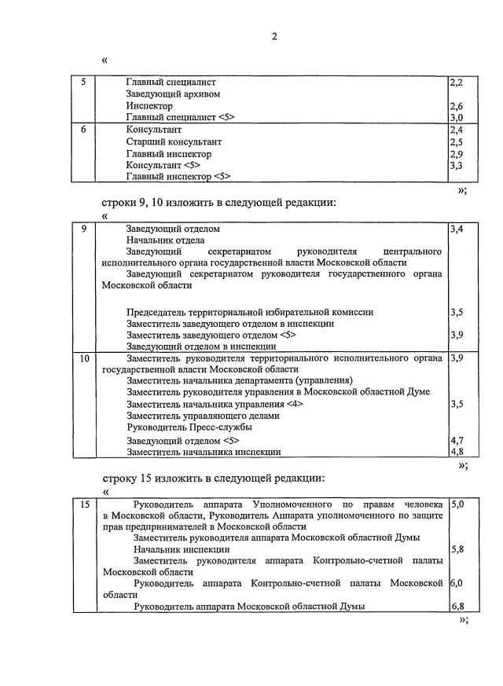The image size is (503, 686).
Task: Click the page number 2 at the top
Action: [274, 36]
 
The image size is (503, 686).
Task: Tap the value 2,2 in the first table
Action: [456, 82]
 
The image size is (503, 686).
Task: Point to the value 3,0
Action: [456, 117]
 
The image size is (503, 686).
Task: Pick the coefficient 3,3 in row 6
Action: [456, 166]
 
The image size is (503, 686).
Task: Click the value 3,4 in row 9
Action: [456, 229]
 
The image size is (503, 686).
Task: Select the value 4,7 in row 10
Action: [456, 440]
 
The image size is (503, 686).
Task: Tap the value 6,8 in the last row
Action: [456, 607]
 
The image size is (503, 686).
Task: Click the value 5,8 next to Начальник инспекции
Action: [456, 549]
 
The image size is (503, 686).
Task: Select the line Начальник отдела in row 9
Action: [165, 240]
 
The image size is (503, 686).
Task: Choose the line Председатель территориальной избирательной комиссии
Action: [250, 312]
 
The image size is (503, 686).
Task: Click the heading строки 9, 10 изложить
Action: [219, 202]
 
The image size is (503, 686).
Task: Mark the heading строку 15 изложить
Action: [213, 477]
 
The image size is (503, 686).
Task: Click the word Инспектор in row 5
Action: [149, 105]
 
